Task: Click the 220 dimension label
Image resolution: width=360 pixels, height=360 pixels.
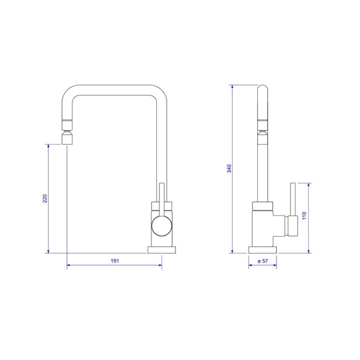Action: click(45, 198)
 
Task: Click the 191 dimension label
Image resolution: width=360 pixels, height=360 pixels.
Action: click(114, 261)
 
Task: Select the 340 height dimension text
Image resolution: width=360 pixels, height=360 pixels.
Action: click(229, 168)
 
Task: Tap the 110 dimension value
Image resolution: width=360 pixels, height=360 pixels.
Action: click(304, 216)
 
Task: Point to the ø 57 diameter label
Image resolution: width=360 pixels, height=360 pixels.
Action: click(262, 261)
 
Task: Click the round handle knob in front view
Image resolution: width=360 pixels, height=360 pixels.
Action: click(162, 225)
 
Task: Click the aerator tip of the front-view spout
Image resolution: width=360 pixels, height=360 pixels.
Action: click(67, 139)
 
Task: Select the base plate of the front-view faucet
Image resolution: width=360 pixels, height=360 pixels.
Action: click(162, 249)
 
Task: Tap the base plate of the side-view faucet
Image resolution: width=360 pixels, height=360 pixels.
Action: click(262, 249)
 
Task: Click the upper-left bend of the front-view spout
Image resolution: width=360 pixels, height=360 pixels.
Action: click(68, 92)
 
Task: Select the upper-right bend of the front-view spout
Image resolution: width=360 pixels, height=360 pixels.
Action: click(161, 92)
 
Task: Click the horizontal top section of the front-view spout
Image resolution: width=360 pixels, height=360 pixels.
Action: click(114, 90)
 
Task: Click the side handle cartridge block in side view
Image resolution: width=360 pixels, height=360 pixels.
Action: click(292, 226)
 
